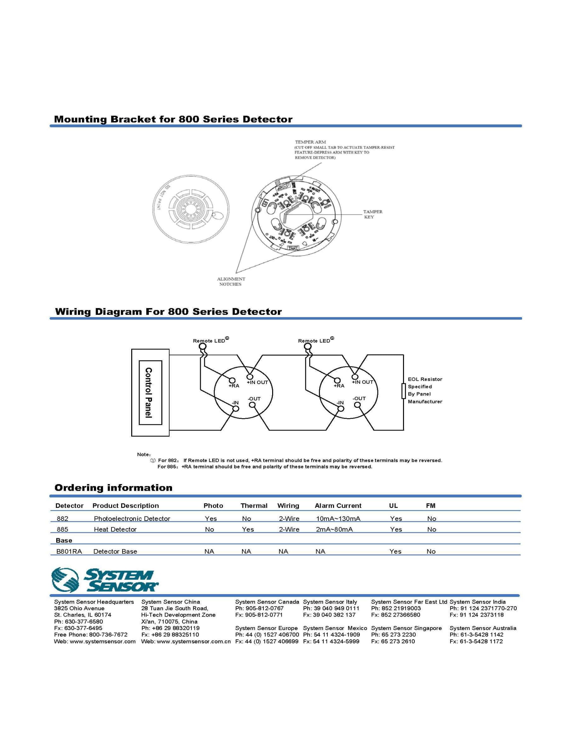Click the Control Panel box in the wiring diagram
(x=150, y=393)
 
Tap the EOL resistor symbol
(x=403, y=391)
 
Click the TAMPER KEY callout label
(x=373, y=214)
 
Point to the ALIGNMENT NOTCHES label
(x=231, y=281)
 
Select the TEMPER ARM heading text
(x=310, y=142)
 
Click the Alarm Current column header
(x=338, y=505)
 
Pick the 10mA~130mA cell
(x=338, y=519)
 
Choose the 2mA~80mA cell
(x=334, y=530)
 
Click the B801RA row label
(x=69, y=551)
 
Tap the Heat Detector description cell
(x=115, y=530)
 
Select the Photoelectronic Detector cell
(x=132, y=519)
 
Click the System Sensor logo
(x=104, y=579)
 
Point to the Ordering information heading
(x=113, y=488)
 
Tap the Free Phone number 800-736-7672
(x=108, y=635)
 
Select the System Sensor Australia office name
(x=483, y=628)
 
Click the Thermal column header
(x=254, y=505)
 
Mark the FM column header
(x=430, y=505)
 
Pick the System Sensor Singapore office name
(x=406, y=628)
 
